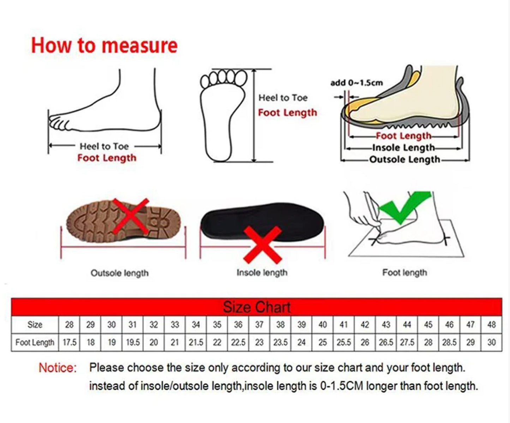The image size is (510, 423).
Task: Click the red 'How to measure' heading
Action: pyautogui.click(x=104, y=45)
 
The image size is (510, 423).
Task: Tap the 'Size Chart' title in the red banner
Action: pyautogui.click(x=257, y=307)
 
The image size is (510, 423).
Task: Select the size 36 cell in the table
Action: pyautogui.click(x=238, y=325)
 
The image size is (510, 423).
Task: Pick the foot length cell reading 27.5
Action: pyautogui.click(x=407, y=342)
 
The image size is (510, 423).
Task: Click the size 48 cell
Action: pyautogui.click(x=491, y=325)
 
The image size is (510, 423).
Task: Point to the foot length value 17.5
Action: pyautogui.click(x=70, y=342)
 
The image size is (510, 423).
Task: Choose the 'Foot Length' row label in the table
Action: pyautogui.click(x=35, y=342)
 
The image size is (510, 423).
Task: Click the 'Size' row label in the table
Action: pyautogui.click(x=35, y=325)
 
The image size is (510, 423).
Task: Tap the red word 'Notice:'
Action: pyautogui.click(x=58, y=368)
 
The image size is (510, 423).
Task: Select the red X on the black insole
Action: pyautogui.click(x=263, y=245)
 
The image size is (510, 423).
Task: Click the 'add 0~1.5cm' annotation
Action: pyautogui.click(x=356, y=83)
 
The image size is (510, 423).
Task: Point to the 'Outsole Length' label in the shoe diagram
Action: pyautogui.click(x=404, y=159)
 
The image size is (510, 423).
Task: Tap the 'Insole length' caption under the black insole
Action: pyautogui.click(x=262, y=272)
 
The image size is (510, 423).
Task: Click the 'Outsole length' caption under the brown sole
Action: pyautogui.click(x=120, y=273)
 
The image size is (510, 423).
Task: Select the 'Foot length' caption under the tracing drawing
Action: pyautogui.click(x=404, y=272)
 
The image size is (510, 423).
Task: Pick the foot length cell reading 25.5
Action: pyautogui.click(x=343, y=342)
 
